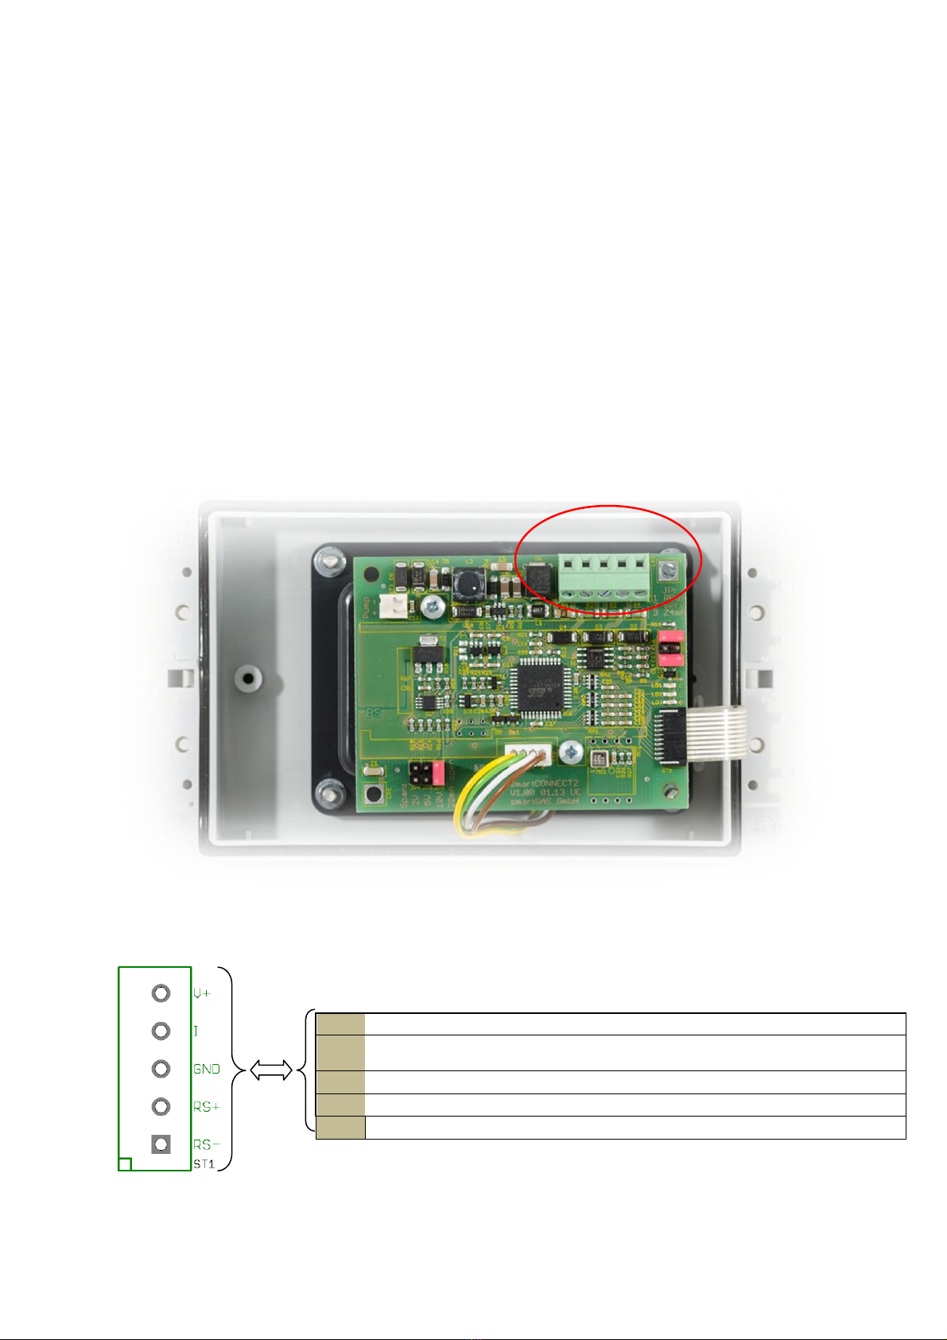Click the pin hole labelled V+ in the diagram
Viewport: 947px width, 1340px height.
161,993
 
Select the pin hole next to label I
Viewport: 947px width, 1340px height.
161,1031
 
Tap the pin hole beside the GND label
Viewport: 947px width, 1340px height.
161,1069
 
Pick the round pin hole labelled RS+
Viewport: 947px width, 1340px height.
161,1106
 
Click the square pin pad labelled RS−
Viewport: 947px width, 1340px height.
161,1144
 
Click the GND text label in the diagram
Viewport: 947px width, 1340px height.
207,1070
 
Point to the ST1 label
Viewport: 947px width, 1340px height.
204,1164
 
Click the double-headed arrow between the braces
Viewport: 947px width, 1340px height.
271,1071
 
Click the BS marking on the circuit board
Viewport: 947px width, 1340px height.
374,713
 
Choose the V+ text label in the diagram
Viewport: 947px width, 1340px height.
202,994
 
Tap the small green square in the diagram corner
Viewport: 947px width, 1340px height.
125,1164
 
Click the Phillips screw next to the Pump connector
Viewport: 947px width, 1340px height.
433,607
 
